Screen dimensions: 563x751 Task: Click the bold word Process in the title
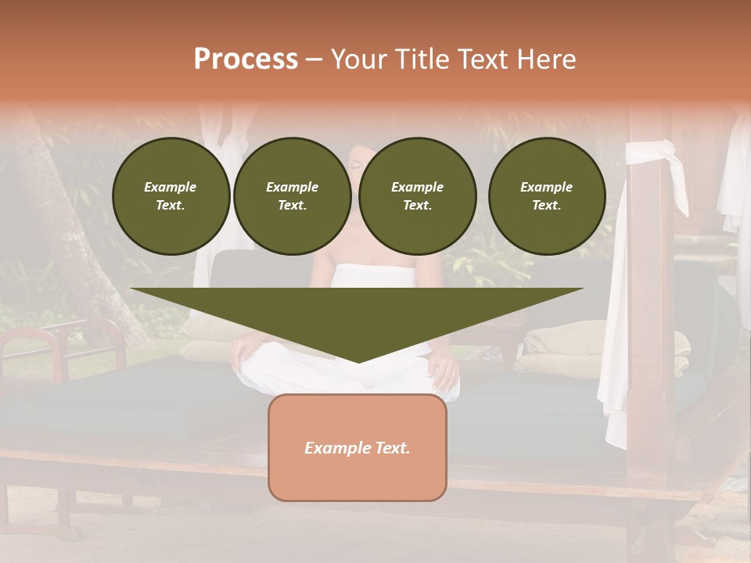(246, 59)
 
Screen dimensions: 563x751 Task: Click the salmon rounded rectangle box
(358, 477)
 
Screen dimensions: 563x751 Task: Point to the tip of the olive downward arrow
(358, 360)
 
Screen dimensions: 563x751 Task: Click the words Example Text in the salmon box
(358, 448)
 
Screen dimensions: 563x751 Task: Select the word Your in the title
(361, 59)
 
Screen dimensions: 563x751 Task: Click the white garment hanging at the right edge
(735, 180)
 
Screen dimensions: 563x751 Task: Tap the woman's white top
(375, 276)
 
